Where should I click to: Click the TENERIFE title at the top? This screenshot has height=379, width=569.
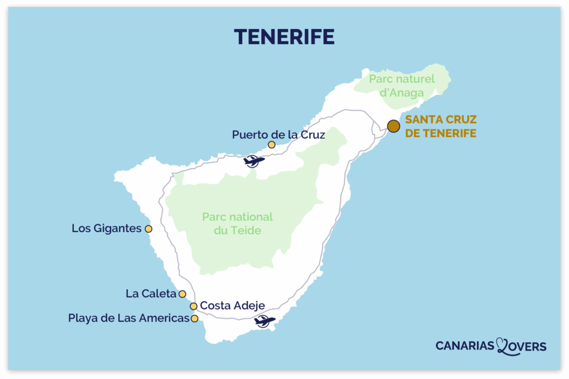coord(284,36)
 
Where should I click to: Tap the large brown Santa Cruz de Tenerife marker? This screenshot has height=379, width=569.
coord(393,126)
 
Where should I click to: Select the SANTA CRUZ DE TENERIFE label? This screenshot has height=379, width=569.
coord(441,126)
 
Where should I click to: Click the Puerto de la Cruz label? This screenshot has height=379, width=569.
coord(278,134)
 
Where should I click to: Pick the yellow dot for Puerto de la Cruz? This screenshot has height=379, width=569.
coord(271,145)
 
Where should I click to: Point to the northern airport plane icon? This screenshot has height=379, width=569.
coord(254,161)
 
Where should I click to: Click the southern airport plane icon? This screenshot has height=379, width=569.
coord(264,321)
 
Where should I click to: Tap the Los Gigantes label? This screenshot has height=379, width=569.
coord(106,228)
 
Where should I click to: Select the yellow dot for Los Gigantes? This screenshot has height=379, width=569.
coord(148,229)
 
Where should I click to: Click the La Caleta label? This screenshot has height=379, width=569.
coord(151,294)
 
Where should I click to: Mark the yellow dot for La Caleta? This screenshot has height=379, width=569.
coord(182,294)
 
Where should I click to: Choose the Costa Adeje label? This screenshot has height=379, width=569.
coord(232,305)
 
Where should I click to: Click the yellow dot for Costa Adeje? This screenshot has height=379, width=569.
coord(193,306)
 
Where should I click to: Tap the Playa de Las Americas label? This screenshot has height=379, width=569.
coord(128,319)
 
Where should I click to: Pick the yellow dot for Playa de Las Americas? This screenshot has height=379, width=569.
coord(194,319)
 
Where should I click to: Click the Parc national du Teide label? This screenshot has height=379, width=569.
coord(237,223)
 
